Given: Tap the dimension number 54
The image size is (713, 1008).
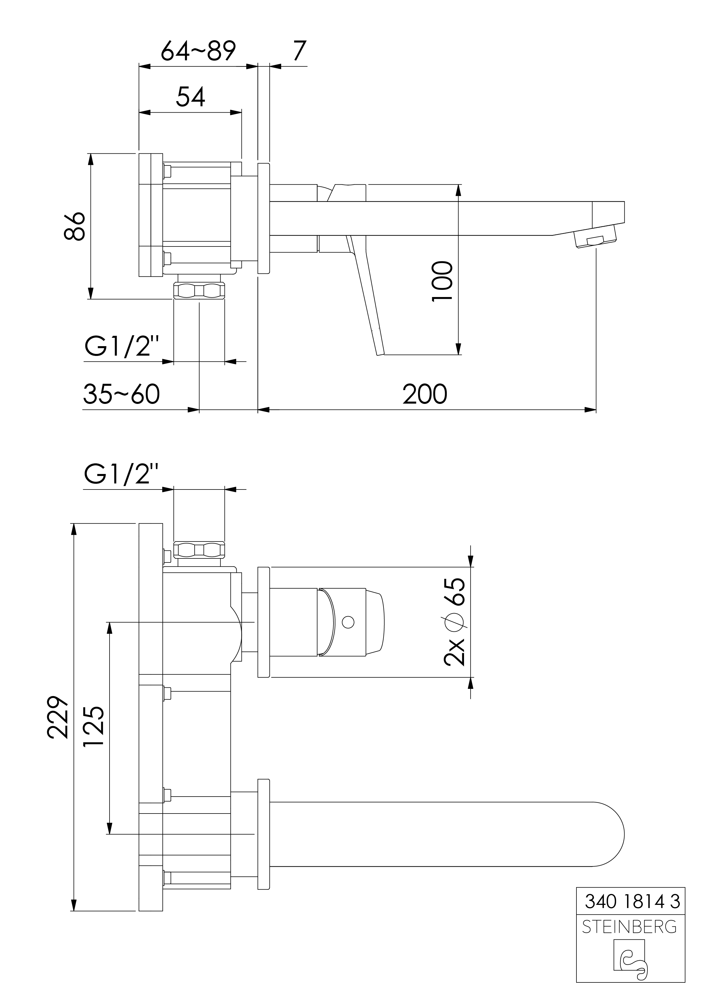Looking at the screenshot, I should click(190, 97).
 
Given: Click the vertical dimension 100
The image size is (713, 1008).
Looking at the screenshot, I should click(442, 281).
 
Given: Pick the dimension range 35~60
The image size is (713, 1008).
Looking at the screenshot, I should click(121, 394).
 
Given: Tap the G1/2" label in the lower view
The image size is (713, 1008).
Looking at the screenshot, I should click(121, 474).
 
